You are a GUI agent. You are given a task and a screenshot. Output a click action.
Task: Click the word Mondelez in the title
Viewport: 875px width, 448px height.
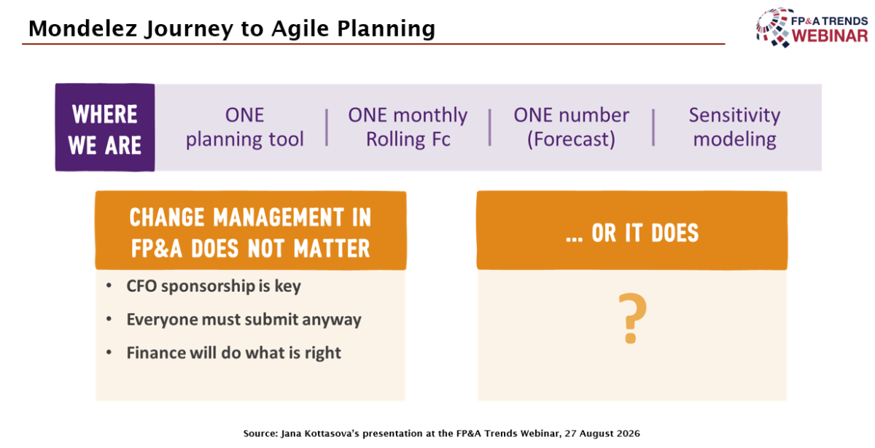[x=83, y=28]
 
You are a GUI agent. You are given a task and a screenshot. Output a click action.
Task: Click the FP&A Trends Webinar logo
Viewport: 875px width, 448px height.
[x=812, y=28]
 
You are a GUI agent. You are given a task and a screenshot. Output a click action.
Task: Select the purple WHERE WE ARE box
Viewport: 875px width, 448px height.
[x=105, y=128]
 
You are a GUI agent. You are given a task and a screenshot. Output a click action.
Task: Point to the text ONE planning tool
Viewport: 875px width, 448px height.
[x=244, y=127]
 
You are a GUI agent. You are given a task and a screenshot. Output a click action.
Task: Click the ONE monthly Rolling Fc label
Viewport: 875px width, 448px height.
[x=408, y=127]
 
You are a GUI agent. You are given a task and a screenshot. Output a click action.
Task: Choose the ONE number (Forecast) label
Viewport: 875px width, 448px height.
[x=571, y=127]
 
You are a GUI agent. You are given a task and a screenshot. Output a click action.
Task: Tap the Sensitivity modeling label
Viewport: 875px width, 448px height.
[x=734, y=127]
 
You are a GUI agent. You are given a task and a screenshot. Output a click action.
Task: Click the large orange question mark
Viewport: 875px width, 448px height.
[x=632, y=318]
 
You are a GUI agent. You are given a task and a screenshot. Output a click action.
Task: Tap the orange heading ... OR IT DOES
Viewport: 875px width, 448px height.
[x=632, y=233]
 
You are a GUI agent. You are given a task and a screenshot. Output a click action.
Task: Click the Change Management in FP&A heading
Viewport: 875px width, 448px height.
[x=250, y=233]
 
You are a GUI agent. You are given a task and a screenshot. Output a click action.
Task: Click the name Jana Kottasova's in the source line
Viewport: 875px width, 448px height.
[x=320, y=433]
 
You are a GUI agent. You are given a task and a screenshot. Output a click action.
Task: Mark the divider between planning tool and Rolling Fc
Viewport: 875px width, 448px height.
[x=327, y=128]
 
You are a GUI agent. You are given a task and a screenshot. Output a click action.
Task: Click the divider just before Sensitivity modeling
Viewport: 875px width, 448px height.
[x=653, y=128]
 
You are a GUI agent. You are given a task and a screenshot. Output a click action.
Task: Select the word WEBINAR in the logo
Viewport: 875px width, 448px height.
[x=830, y=36]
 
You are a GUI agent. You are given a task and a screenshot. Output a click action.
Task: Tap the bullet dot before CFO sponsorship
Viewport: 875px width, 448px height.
[x=109, y=286]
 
